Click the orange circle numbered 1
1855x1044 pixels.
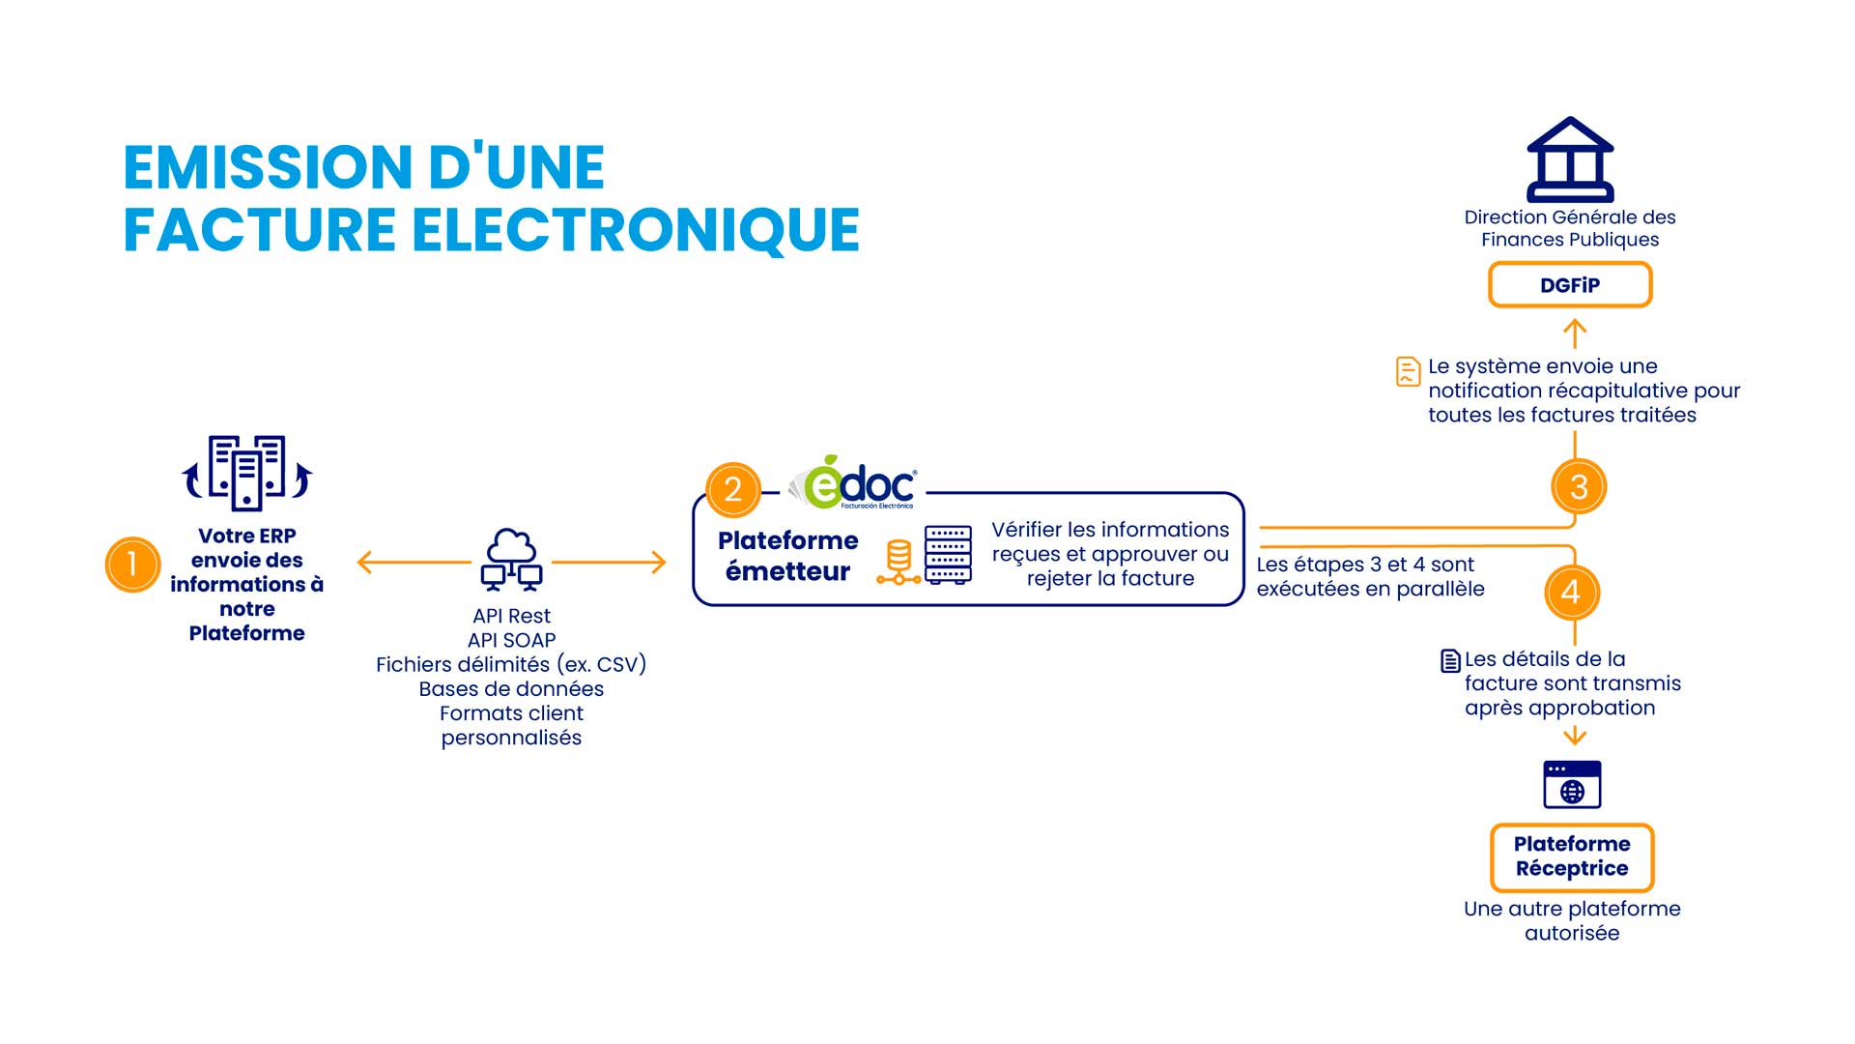tap(132, 564)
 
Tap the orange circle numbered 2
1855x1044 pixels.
tap(733, 489)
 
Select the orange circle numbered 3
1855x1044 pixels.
tap(1579, 486)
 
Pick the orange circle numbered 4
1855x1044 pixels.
tap(1572, 592)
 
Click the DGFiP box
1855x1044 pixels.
tap(1570, 285)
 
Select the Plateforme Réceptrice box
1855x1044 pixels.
tap(1572, 856)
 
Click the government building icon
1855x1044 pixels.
tap(1570, 159)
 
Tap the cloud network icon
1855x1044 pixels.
tap(511, 560)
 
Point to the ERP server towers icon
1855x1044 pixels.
tap(247, 473)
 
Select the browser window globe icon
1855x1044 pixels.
tap(1572, 784)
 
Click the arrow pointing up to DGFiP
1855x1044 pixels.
tap(1575, 333)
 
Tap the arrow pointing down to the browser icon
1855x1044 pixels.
tap(1575, 736)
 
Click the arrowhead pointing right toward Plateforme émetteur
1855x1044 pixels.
tap(660, 562)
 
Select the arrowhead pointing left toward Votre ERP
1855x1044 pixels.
tap(364, 562)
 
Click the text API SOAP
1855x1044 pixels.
tap(511, 640)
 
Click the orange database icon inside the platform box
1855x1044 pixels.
tap(899, 562)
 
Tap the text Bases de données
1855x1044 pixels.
tap(511, 689)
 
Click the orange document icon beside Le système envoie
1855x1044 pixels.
tap(1408, 371)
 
